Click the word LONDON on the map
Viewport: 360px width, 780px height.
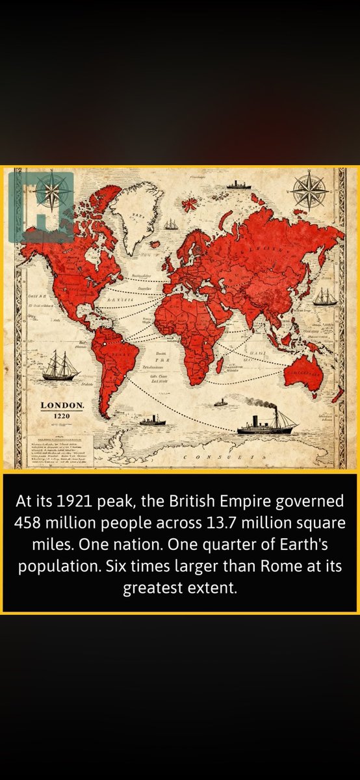click(x=62, y=406)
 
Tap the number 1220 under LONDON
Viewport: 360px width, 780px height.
click(x=62, y=416)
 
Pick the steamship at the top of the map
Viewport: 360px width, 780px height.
click(x=238, y=185)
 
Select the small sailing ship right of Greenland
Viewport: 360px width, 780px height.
click(x=171, y=224)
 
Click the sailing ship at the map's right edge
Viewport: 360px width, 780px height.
click(x=325, y=298)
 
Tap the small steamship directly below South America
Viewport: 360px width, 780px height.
click(x=152, y=421)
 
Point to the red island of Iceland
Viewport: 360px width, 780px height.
click(x=190, y=205)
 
